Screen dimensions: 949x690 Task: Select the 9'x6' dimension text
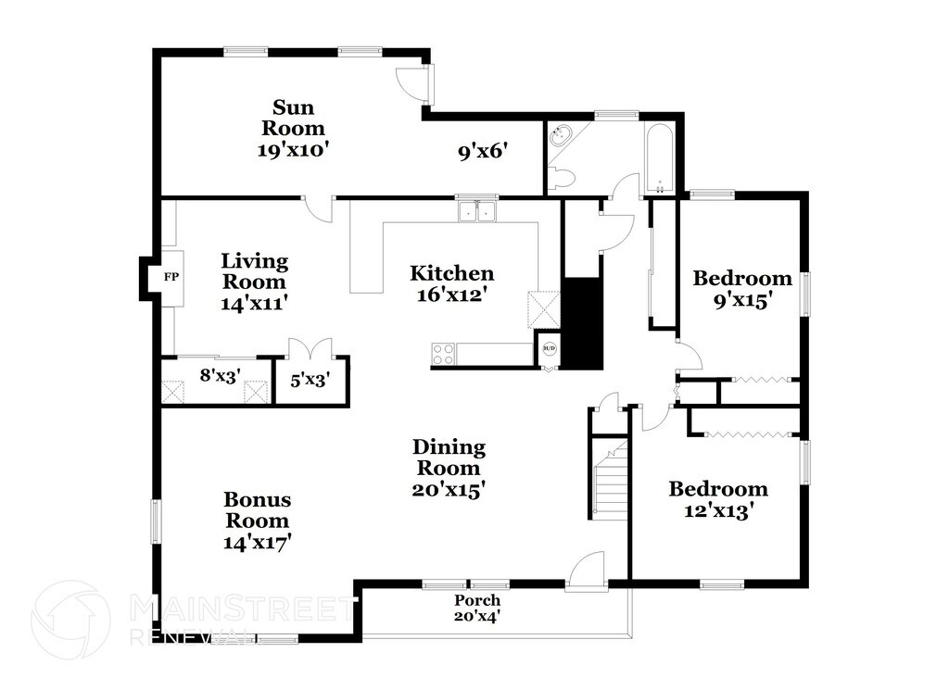click(x=483, y=151)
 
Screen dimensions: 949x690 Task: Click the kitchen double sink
click(x=477, y=212)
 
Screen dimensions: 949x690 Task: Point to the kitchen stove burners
click(x=443, y=354)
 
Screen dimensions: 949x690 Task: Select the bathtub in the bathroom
click(x=661, y=157)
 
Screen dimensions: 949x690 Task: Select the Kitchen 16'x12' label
click(x=452, y=283)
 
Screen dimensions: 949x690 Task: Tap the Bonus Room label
click(x=257, y=521)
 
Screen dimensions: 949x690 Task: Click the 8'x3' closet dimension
click(x=220, y=376)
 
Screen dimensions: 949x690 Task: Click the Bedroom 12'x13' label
click(x=718, y=498)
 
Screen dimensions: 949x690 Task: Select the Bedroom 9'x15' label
click(x=742, y=288)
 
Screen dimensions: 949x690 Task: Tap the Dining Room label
click(x=449, y=468)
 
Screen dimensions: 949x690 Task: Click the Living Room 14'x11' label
click(x=254, y=281)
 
